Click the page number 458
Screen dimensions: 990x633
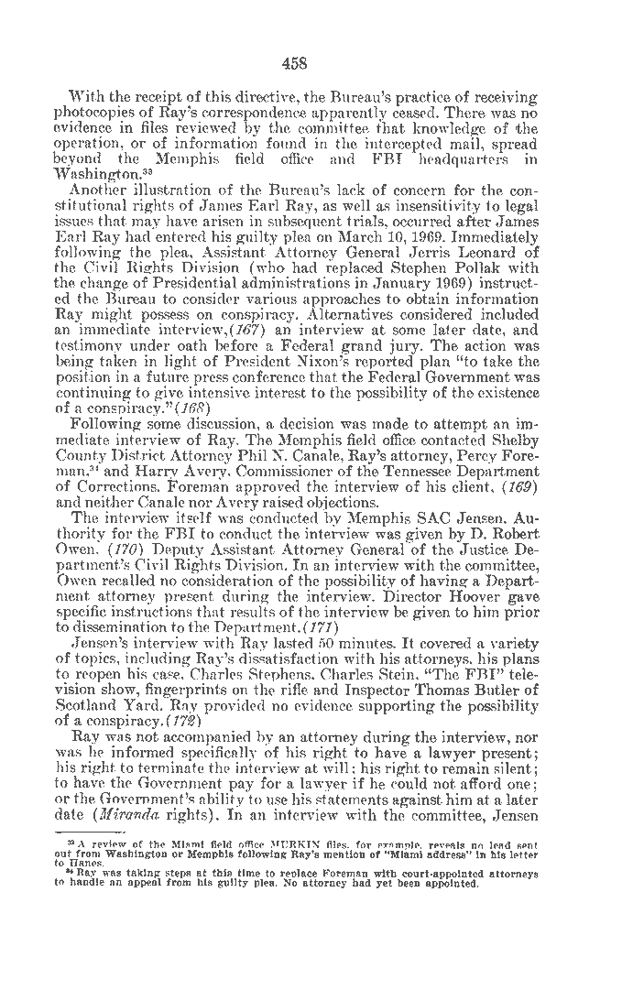[x=295, y=63]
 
